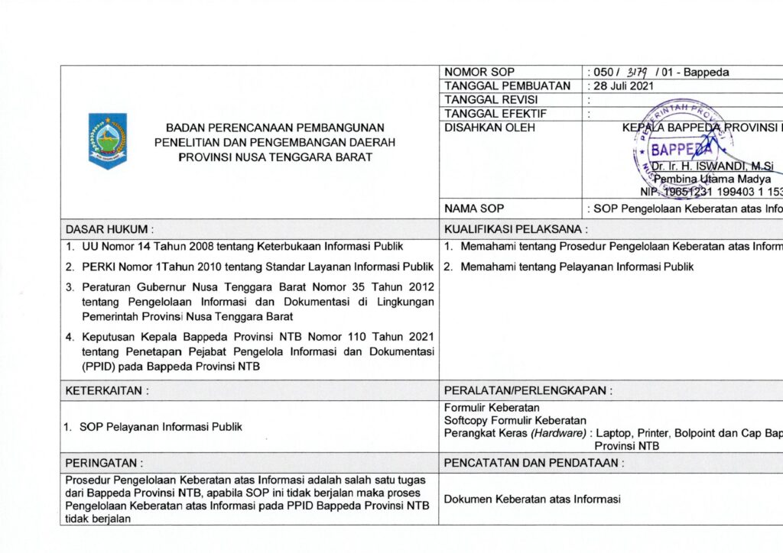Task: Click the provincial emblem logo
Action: (x=108, y=141)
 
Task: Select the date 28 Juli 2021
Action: (x=623, y=86)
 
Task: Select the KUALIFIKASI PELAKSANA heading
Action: (x=515, y=228)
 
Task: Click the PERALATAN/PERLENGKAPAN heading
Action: (x=528, y=390)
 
